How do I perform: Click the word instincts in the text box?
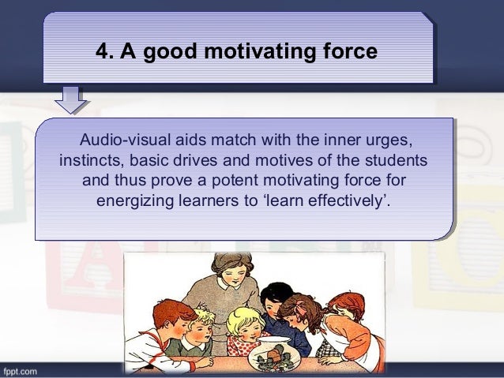tap(90, 162)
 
